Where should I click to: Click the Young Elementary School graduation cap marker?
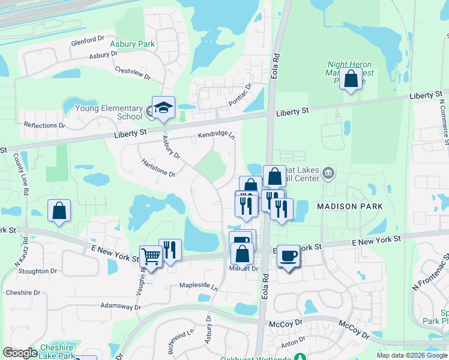tap(163, 108)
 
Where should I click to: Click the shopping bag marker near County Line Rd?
tap(59, 211)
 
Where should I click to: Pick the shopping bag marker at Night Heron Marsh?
tap(351, 79)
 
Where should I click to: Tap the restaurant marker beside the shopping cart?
tap(170, 250)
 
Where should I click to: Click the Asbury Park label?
tap(132, 44)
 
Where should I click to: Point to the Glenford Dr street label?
tap(88, 41)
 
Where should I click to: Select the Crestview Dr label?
tap(132, 73)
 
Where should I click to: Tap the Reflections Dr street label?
tap(44, 125)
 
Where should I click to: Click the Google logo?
tap(20, 353)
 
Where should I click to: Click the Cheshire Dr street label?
tap(23, 293)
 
